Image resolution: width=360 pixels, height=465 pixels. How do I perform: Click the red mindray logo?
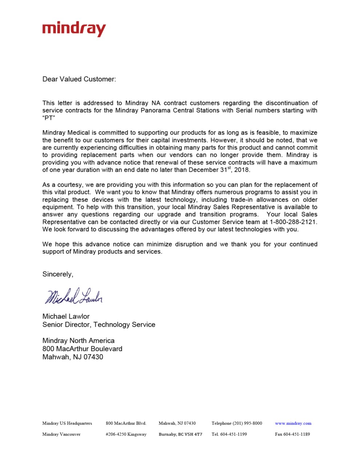[74, 29]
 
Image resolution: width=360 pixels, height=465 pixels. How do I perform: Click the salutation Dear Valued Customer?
[79, 79]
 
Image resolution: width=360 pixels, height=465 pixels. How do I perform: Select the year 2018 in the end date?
[242, 170]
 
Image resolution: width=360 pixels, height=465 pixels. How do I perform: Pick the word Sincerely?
[57, 274]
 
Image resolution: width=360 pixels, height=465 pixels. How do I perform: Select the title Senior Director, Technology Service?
[99, 325]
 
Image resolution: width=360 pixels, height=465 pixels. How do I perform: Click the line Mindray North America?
[78, 341]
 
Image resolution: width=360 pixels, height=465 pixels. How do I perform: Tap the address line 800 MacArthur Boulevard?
[82, 349]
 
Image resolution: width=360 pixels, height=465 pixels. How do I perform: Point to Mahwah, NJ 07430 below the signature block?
[73, 357]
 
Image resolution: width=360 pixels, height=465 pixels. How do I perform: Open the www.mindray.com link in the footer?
[293, 423]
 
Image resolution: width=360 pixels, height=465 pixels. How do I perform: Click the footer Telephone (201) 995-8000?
[237, 423]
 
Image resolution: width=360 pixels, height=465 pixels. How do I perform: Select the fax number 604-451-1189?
[292, 434]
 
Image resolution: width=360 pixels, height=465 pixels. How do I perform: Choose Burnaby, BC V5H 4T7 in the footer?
[180, 434]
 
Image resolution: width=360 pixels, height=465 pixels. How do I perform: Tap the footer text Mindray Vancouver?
[61, 434]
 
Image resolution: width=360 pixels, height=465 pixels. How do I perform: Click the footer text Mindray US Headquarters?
[67, 423]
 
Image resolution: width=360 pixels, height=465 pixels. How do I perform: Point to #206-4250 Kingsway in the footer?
[126, 434]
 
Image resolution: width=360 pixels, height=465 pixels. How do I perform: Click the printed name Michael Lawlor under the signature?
[66, 316]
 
